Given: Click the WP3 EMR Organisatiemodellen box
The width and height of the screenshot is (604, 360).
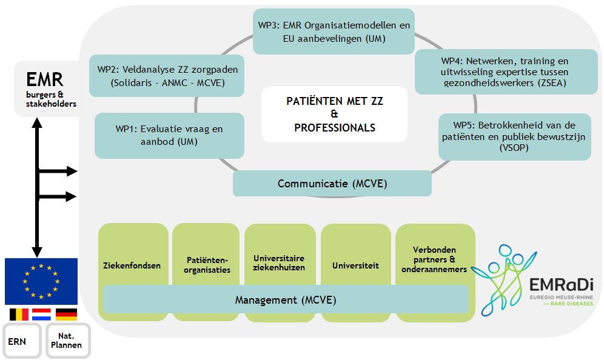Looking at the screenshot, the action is (334, 32).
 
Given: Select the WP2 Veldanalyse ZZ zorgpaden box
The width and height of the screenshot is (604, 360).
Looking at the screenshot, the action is (167, 76).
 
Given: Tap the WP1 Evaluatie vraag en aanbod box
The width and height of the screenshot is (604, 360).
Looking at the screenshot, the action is (169, 136).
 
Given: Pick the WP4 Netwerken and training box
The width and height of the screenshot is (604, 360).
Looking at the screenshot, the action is (506, 72).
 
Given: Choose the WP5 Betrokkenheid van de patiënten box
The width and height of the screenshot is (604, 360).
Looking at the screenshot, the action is (515, 137).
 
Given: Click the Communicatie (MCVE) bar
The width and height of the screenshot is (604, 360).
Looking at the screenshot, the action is (332, 184).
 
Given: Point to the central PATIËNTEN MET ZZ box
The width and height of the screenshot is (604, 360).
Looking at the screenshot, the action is (334, 114).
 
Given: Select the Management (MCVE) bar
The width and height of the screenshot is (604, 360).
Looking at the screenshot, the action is (286, 299).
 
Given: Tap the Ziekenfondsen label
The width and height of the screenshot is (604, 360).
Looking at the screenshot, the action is (132, 265).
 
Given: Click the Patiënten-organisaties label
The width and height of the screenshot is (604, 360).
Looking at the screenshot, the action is (207, 265).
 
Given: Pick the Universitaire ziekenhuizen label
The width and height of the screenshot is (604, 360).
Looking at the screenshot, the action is (279, 262).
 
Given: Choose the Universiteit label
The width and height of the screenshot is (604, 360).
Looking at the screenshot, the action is (355, 265).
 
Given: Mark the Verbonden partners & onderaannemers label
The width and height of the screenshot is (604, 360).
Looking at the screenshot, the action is (434, 259).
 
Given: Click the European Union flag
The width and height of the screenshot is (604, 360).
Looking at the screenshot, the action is (41, 281).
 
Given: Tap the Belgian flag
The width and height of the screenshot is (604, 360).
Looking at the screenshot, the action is (19, 315).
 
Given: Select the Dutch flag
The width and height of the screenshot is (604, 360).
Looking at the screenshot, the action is (41, 315).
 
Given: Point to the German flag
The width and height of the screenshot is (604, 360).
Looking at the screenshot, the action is (66, 315).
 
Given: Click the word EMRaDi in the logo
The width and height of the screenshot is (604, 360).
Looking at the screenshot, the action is (561, 285).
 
